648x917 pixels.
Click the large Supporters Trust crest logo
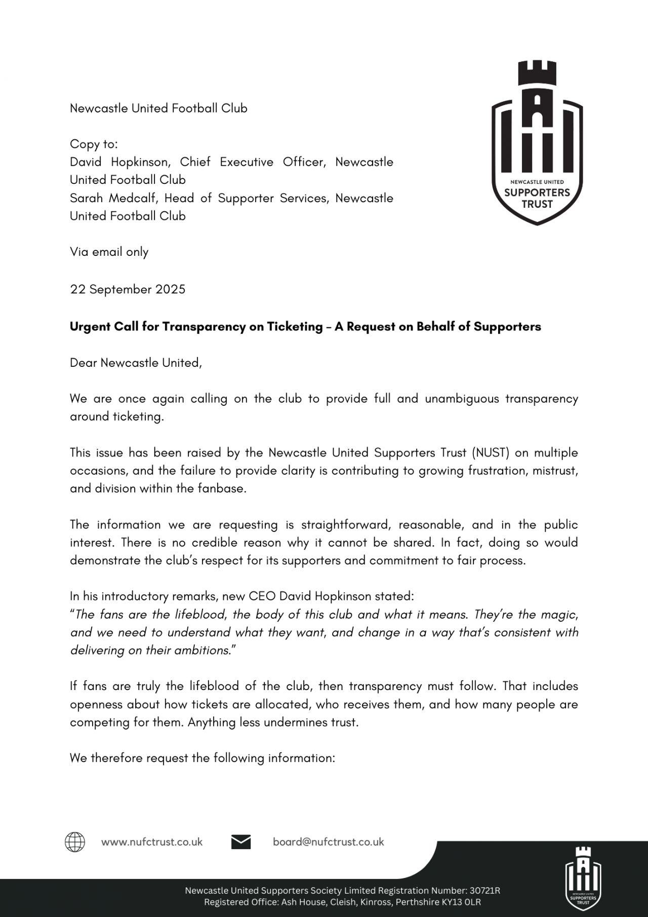pyautogui.click(x=537, y=143)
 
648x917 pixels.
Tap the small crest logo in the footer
pyautogui.click(x=583, y=875)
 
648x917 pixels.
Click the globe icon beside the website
pyautogui.click(x=75, y=842)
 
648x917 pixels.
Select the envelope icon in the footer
pyautogui.click(x=241, y=842)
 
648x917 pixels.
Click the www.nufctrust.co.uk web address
pyautogui.click(x=152, y=842)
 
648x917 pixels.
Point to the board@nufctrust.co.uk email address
pyautogui.click(x=329, y=842)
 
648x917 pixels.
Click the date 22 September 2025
pyautogui.click(x=128, y=289)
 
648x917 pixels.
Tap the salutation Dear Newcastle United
pyautogui.click(x=136, y=363)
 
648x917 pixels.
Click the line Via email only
pyautogui.click(x=109, y=252)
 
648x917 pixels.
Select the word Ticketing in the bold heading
pyautogui.click(x=297, y=327)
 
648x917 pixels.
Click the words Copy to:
pyautogui.click(x=94, y=144)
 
